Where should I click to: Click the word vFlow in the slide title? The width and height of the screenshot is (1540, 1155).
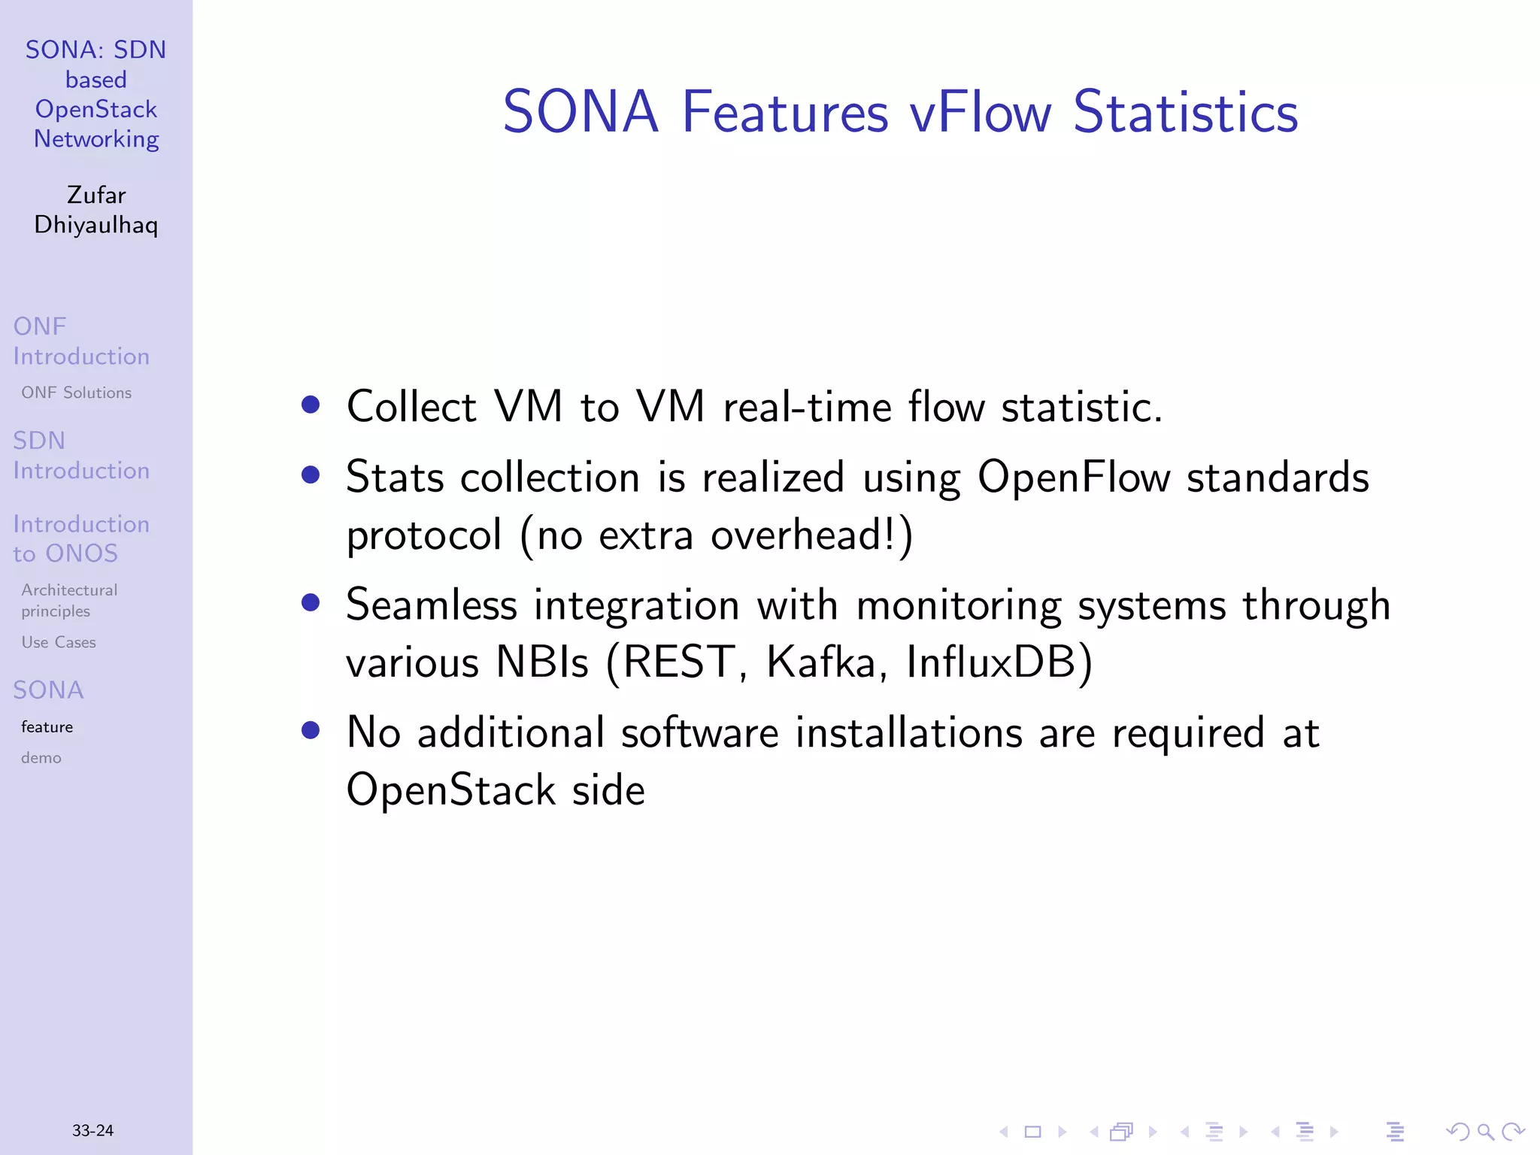pos(980,113)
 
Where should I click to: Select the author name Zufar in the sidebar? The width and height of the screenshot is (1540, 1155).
pos(96,195)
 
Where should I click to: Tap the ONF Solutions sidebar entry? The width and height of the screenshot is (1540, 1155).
pos(76,393)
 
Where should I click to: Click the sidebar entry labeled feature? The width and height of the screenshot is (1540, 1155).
pos(47,727)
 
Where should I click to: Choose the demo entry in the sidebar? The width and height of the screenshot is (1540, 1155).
pos(41,758)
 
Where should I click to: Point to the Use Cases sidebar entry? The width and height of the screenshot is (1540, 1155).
pos(59,642)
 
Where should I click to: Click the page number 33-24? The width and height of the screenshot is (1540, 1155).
pos(92,1130)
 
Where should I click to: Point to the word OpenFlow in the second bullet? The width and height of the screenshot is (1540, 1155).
pos(1074,477)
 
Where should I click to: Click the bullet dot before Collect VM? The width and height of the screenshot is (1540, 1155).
pos(311,405)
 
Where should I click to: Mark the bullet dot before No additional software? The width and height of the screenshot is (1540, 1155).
pos(311,730)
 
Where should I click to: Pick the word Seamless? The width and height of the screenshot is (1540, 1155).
pos(432,605)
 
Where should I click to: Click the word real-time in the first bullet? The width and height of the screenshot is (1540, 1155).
pos(807,407)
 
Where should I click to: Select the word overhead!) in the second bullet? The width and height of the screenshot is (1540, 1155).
pos(812,535)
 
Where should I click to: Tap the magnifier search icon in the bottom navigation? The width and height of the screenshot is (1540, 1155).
pos(1485,1132)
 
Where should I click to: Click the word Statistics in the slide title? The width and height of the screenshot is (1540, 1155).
pos(1186,113)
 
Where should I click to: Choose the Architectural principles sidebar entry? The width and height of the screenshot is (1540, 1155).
pos(69,600)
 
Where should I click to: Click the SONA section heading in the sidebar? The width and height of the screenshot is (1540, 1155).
pos(48,690)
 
